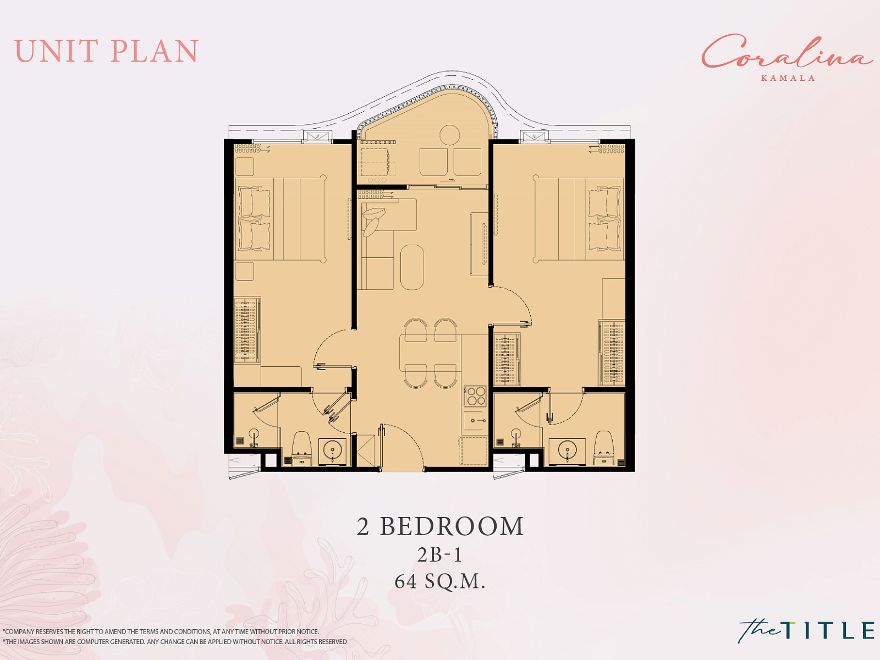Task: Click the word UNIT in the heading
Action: tap(56, 51)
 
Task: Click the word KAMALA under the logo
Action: tap(788, 78)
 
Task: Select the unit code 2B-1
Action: tap(440, 555)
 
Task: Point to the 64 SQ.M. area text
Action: tap(440, 581)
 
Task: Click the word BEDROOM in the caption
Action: tap(452, 526)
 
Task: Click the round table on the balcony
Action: tap(449, 135)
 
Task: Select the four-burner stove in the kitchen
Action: tap(475, 396)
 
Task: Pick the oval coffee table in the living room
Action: tap(412, 267)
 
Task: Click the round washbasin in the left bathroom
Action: tap(332, 451)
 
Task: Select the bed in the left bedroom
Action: tap(280, 219)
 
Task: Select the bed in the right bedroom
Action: tap(579, 219)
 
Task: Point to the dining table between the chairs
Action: tap(430, 353)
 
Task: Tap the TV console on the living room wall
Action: tap(480, 244)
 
